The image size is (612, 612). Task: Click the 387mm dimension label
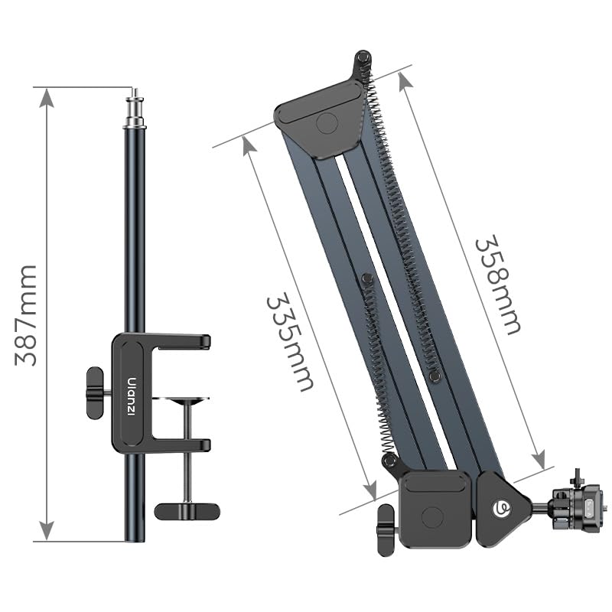26,315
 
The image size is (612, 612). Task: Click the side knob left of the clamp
95,392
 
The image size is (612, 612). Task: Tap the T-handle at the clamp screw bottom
187,510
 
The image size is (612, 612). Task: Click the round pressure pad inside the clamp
186,399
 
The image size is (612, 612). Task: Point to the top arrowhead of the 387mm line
47,97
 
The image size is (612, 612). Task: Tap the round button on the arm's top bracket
327,124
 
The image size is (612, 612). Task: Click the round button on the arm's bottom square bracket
435,518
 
